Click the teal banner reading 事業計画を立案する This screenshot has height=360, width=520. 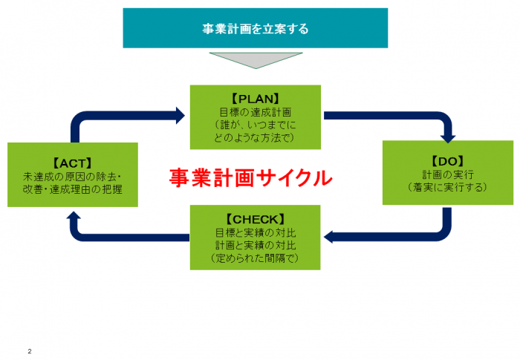255,28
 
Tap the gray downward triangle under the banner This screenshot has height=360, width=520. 255,59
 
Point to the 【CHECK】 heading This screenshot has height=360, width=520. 255,219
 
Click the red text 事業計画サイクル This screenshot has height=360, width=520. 250,178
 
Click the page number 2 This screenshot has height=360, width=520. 30,350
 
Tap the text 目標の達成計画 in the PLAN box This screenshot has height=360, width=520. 255,112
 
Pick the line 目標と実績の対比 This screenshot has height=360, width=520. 255,232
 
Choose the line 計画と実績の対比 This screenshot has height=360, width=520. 255,246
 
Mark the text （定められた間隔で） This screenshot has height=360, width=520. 255,259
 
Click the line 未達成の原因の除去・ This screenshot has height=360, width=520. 72,176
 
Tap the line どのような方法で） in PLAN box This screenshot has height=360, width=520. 255,137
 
